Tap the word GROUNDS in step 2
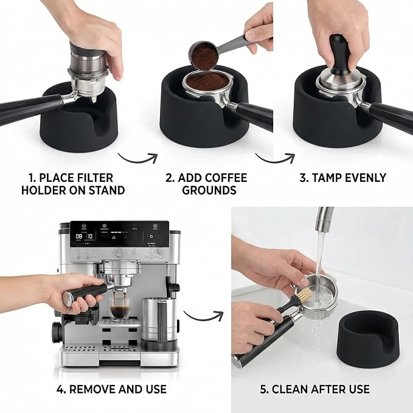[209, 190]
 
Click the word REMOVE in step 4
[92, 389]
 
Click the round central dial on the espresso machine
[120, 252]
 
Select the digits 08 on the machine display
[78, 236]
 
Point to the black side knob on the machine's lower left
[57, 332]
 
